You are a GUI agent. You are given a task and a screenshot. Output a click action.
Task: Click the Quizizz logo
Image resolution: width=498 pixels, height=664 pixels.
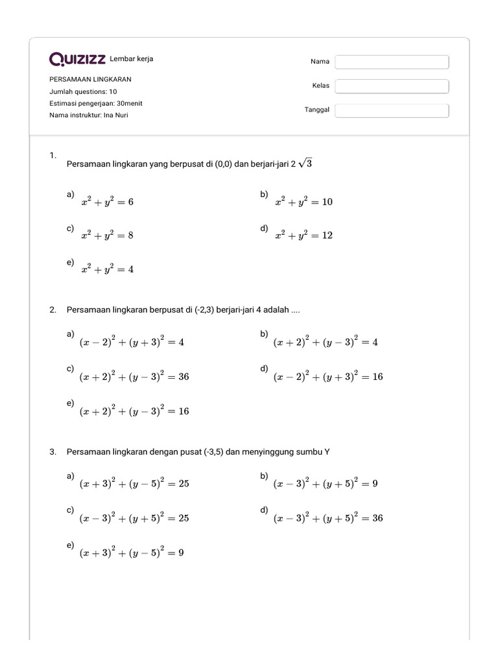click(x=78, y=60)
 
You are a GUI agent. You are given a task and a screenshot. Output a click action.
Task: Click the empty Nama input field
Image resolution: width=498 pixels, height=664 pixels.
click(x=392, y=62)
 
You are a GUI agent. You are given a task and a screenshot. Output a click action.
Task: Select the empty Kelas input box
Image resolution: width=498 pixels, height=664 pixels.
click(x=392, y=86)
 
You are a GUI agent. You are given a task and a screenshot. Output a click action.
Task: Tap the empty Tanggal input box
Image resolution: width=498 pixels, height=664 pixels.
click(x=392, y=110)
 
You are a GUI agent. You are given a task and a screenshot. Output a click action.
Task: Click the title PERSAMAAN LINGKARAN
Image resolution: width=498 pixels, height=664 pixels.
click(x=90, y=79)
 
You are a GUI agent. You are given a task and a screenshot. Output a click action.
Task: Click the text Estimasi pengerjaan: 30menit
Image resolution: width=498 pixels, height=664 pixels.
click(x=96, y=103)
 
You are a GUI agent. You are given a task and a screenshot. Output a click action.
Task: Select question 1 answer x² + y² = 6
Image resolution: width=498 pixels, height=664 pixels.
click(x=108, y=202)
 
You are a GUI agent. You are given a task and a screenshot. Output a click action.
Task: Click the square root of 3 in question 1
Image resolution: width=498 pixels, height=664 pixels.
click(x=305, y=164)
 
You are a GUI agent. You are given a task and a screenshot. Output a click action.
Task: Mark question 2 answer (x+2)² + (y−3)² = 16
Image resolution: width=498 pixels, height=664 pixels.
click(x=134, y=410)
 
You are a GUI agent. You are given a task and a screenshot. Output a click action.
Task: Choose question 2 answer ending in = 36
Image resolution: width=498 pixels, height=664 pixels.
click(x=134, y=376)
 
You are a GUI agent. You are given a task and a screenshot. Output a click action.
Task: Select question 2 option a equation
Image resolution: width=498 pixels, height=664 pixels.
click(x=132, y=342)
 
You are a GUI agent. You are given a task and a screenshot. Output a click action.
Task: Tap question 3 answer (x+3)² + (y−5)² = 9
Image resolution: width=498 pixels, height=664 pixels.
click(x=132, y=553)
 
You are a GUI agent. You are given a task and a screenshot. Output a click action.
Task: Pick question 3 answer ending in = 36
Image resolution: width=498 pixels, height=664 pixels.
click(x=328, y=518)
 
